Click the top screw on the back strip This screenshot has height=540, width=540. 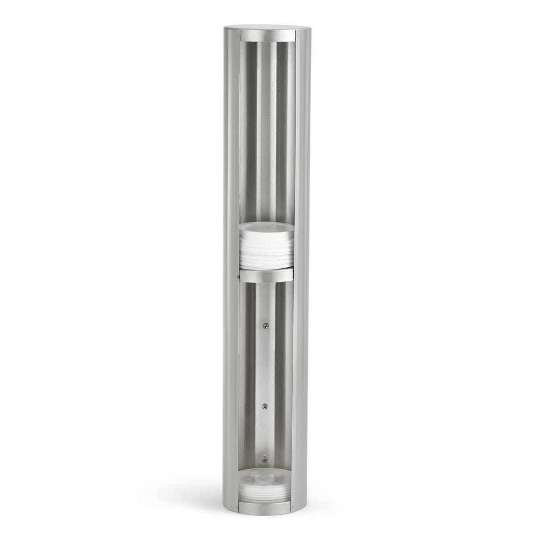click(x=265, y=325)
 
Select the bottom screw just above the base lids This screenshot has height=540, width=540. click(x=264, y=459)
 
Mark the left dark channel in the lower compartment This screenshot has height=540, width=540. click(x=249, y=373)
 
